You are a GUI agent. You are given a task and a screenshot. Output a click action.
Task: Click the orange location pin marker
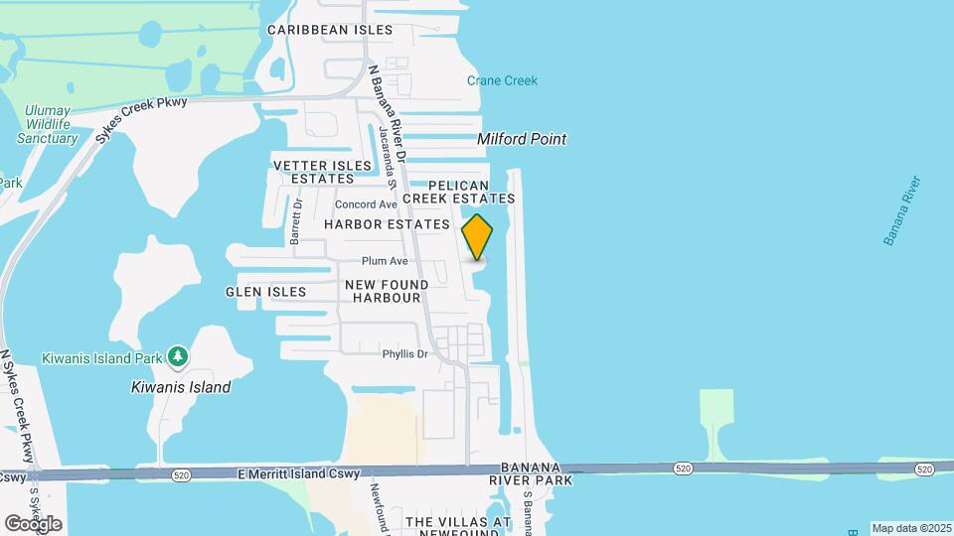(x=478, y=237)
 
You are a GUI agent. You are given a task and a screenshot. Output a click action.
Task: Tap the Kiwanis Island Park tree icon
(x=177, y=355)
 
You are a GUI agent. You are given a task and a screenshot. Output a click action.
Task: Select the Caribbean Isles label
(x=330, y=30)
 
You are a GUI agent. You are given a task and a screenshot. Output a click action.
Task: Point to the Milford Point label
(x=522, y=139)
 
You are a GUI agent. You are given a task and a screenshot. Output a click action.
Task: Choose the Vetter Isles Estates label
(x=314, y=171)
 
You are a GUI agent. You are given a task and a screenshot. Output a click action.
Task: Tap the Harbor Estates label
(x=387, y=224)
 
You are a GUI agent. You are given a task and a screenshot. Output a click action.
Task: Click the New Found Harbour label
(x=387, y=291)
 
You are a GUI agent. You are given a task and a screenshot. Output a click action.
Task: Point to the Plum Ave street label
(x=385, y=261)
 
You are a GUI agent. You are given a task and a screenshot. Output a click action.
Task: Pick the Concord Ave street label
(x=366, y=204)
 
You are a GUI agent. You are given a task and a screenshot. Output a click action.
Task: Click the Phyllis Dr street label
(x=404, y=354)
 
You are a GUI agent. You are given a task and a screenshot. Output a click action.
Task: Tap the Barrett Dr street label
(x=295, y=220)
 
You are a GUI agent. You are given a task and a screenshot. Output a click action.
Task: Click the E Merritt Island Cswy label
(x=294, y=475)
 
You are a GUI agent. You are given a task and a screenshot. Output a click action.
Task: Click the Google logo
(x=33, y=524)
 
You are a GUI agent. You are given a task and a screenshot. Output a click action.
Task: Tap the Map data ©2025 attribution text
(x=910, y=528)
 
